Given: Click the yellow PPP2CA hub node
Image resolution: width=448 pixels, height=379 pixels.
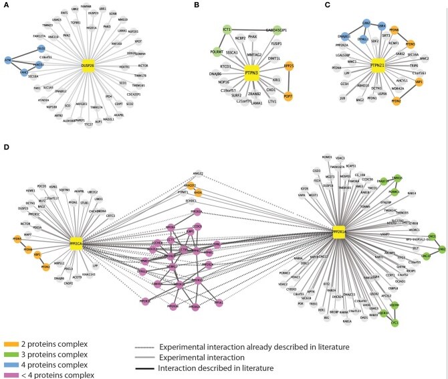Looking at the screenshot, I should [x=80, y=236].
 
